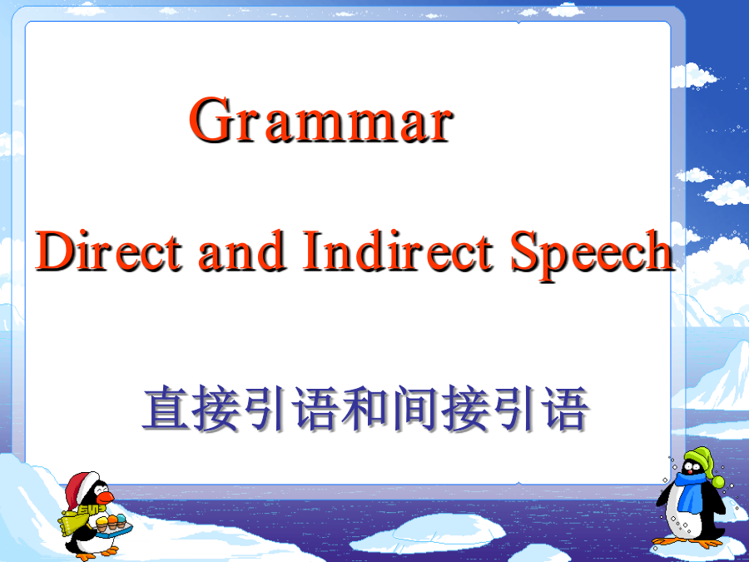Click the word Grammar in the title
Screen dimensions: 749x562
click(x=321, y=119)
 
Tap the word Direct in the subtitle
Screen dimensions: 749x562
click(x=109, y=251)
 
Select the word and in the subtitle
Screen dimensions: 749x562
click(x=242, y=251)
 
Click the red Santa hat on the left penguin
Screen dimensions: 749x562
click(x=82, y=489)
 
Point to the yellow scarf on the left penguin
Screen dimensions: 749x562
click(x=76, y=520)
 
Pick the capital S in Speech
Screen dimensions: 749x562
click(x=524, y=251)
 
